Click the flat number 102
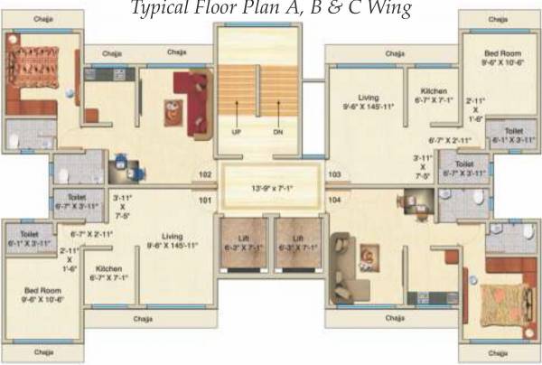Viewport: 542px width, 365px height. [204, 174]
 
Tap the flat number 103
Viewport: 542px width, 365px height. [334, 174]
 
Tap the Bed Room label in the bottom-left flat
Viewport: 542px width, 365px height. [42, 292]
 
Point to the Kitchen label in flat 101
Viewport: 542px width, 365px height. [108, 268]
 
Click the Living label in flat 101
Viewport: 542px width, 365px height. [165, 237]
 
